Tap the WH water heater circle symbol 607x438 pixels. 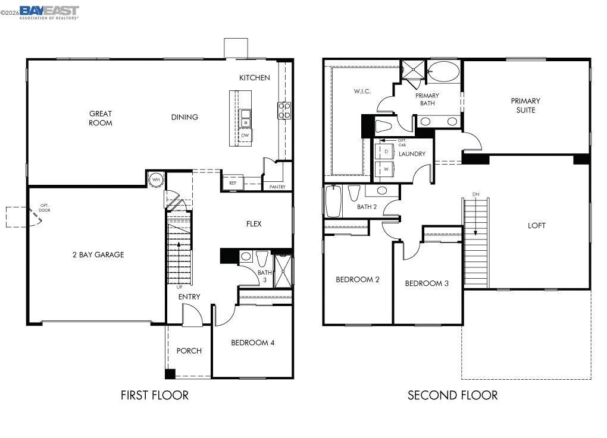156,179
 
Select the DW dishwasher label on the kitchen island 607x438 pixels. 245,136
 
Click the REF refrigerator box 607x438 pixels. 233,183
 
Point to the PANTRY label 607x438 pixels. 277,187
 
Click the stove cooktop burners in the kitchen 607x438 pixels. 284,111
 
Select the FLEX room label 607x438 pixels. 254,224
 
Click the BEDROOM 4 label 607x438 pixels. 252,342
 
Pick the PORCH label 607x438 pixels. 189,351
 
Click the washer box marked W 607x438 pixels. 386,169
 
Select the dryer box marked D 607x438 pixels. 386,152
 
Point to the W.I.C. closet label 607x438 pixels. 362,91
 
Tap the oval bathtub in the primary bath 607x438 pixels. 443,72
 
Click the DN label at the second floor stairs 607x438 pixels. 475,194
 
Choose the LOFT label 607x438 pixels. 536,225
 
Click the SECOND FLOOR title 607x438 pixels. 452,395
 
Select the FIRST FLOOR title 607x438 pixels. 155,395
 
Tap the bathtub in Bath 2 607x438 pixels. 333,202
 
